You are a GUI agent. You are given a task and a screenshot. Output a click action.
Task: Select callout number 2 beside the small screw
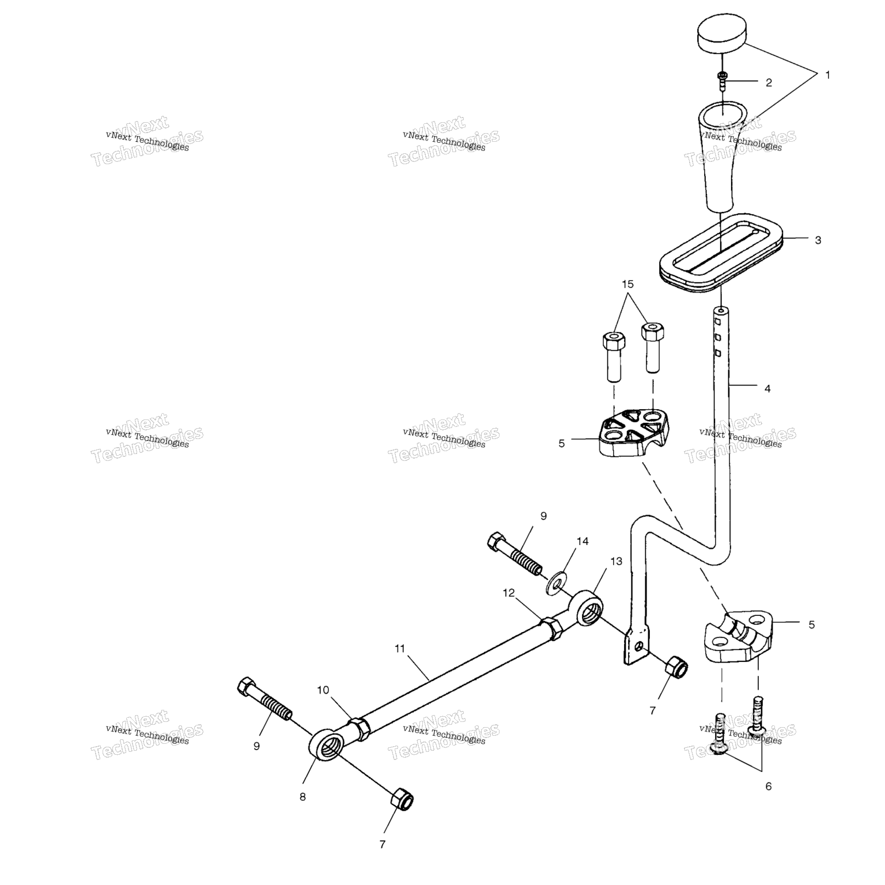[768, 82]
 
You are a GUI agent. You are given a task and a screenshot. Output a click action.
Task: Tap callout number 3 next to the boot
[818, 240]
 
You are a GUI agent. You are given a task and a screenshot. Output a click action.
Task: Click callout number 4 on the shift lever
[767, 388]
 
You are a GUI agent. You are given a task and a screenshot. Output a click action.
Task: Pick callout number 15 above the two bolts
[627, 284]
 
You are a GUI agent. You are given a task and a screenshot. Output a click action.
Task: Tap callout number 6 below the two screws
[768, 786]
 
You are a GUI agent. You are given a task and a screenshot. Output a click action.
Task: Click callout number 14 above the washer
[583, 541]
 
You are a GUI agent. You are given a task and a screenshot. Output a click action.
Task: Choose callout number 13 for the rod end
[617, 561]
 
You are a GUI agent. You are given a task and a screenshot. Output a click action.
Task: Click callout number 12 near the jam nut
[508, 592]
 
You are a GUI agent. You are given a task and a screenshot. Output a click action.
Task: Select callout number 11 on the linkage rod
[400, 648]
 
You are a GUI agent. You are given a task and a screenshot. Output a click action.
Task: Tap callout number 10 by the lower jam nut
[323, 690]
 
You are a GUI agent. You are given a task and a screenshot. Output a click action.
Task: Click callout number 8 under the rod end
[302, 797]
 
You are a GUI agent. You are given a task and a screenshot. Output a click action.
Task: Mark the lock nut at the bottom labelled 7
[402, 800]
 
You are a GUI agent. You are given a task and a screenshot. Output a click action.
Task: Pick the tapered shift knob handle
[720, 156]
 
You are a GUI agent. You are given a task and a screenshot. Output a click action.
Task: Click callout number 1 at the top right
[828, 75]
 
